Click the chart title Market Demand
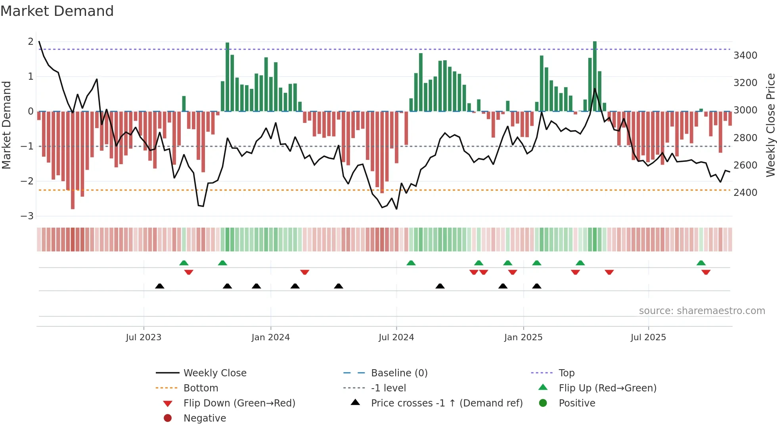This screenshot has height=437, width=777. click(x=57, y=11)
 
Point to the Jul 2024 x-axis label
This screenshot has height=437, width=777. click(x=396, y=337)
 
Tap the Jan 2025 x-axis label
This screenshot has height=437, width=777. click(x=523, y=337)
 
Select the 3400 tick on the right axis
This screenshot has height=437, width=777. click(x=745, y=56)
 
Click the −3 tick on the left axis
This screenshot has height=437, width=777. click(x=27, y=216)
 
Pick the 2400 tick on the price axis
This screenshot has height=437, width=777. click(x=745, y=193)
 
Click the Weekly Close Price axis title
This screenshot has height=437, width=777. click(x=770, y=125)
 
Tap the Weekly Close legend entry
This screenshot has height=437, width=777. click(x=214, y=373)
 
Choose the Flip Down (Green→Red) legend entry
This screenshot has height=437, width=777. click(x=239, y=403)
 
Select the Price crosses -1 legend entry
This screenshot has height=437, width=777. click(x=446, y=403)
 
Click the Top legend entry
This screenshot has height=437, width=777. click(x=566, y=373)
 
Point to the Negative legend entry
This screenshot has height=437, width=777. click(x=205, y=418)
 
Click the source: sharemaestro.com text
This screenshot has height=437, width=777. click(x=702, y=311)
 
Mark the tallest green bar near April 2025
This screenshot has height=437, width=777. click(x=595, y=75)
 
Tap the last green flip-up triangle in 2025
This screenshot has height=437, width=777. click(x=701, y=263)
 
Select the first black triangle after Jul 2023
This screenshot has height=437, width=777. click(x=159, y=286)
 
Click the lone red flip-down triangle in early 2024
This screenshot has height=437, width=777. click(x=304, y=272)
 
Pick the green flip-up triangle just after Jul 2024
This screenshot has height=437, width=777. click(x=411, y=263)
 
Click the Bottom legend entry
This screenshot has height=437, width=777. click(x=201, y=388)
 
